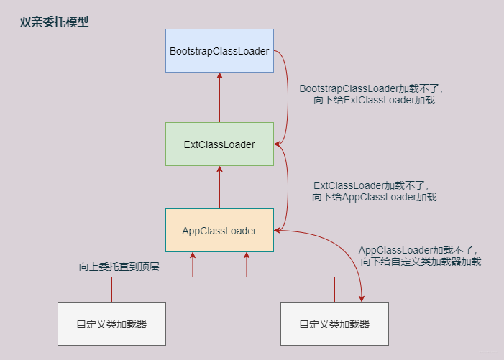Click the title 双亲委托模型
(55, 22)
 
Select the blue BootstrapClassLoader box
(219, 51)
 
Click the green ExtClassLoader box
(219, 144)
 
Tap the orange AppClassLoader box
(219, 231)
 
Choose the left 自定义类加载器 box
(111, 323)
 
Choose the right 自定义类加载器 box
(334, 323)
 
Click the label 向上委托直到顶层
(119, 267)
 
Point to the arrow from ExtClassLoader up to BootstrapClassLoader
(219, 97)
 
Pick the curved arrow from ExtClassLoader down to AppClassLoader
(287, 187)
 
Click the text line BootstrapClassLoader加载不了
(372, 88)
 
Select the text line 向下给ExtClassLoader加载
(375, 101)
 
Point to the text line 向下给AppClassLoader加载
(374, 197)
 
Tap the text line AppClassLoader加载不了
(418, 250)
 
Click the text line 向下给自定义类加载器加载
(421, 262)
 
